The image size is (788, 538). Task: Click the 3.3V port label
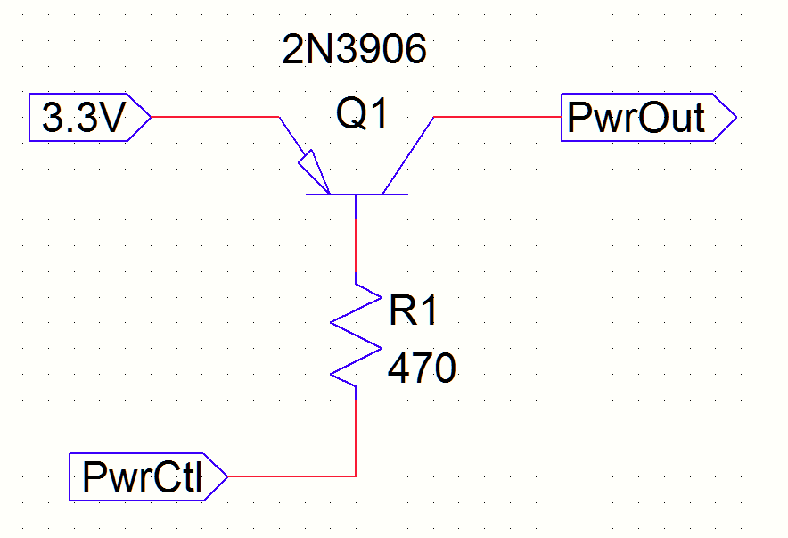pyautogui.click(x=81, y=118)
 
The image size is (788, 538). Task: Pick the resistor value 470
pyautogui.click(x=422, y=368)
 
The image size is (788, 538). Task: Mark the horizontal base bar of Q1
pyautogui.click(x=357, y=195)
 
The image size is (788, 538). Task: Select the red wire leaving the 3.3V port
pyautogui.click(x=214, y=117)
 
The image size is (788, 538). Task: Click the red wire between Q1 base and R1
pyautogui.click(x=356, y=250)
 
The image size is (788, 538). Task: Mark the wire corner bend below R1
pyautogui.click(x=356, y=476)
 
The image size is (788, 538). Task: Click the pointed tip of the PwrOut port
pyautogui.click(x=734, y=117)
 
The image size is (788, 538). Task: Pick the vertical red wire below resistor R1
pyautogui.click(x=356, y=433)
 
